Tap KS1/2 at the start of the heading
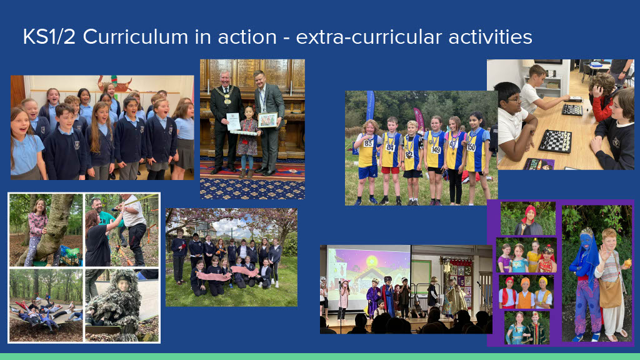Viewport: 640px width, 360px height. click(49, 37)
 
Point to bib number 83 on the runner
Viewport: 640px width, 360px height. click(369, 143)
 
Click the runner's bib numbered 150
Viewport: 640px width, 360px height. click(471, 147)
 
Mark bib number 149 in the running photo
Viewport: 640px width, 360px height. click(436, 150)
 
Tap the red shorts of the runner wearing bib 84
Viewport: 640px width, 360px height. click(390, 170)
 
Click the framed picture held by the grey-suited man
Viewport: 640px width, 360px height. click(267, 120)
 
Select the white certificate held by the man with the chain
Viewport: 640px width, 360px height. click(233, 122)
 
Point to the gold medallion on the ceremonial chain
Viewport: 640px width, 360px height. click(227, 101)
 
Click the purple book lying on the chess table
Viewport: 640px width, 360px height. click(538, 164)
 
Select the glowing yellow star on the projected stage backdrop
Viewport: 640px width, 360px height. click(372, 261)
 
